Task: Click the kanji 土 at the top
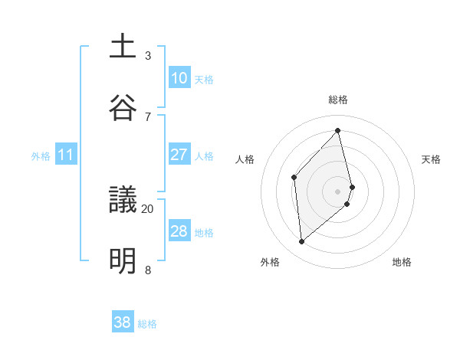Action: coord(123,46)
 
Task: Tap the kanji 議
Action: coord(123,200)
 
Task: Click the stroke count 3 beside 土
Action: coord(148,55)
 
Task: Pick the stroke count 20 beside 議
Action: coord(148,208)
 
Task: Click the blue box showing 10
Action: coord(179,78)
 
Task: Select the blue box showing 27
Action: coord(179,155)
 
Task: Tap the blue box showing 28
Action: coord(179,231)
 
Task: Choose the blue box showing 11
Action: coord(66,155)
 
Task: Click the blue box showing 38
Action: coord(122,322)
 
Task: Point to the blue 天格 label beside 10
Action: coord(204,79)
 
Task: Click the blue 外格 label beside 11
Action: coord(41,156)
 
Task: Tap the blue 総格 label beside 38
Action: coord(147,324)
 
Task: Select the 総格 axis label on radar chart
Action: coord(338,100)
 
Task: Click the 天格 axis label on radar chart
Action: coord(432,159)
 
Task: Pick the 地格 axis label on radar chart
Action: coord(402,262)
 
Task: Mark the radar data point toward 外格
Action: coord(302,242)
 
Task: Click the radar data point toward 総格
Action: coord(338,130)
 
